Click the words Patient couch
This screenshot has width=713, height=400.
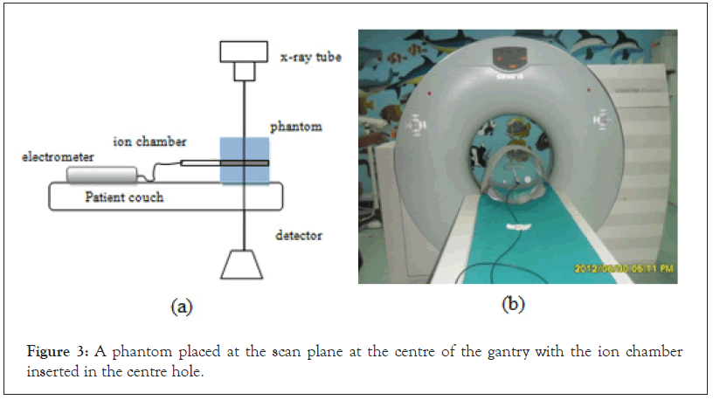pyautogui.click(x=123, y=197)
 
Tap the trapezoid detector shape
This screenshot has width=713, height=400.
pyautogui.click(x=241, y=265)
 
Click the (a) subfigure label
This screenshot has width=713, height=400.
pyautogui.click(x=181, y=307)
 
